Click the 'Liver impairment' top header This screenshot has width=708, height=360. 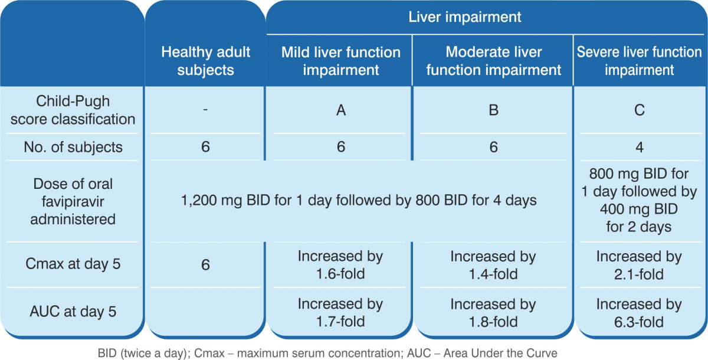[465, 17]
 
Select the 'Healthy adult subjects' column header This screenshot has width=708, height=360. [205, 61]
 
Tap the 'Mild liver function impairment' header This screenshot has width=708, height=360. [341, 61]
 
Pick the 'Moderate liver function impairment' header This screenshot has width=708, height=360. [493, 61]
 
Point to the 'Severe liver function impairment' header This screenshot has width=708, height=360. [639, 61]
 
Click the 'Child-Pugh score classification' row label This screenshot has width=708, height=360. [73, 110]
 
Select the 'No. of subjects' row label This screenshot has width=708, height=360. [73, 147]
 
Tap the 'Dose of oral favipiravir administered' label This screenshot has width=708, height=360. [73, 201]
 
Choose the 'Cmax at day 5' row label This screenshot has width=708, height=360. [73, 264]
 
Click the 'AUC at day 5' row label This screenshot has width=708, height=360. [73, 312]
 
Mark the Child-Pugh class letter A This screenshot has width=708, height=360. [341, 110]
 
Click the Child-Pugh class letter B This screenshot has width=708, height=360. [493, 110]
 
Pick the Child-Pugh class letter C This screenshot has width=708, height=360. [639, 110]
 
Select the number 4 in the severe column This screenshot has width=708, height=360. [639, 148]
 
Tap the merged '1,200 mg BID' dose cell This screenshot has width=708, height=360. [359, 201]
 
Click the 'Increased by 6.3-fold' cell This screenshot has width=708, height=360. [639, 313]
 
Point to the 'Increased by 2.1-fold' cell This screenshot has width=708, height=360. [639, 265]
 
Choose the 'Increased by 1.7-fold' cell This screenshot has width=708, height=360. [340, 313]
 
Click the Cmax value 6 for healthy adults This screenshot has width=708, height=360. [205, 264]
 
